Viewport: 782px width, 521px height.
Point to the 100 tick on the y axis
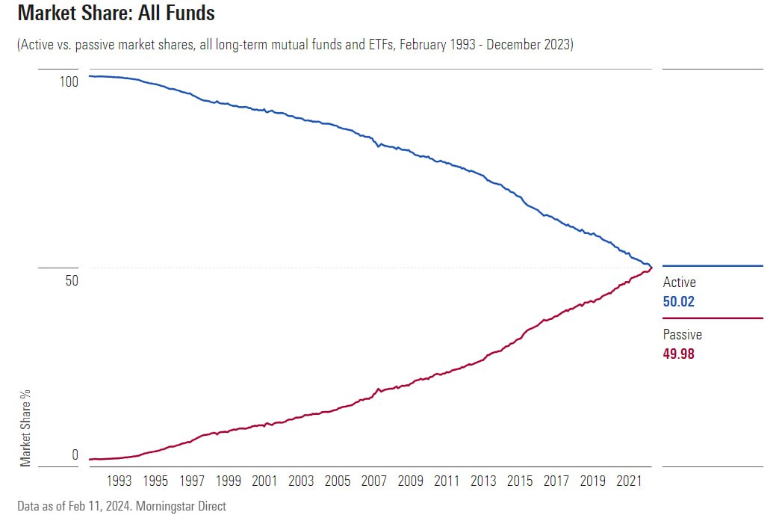tap(69, 81)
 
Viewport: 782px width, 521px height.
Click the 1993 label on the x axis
tap(120, 481)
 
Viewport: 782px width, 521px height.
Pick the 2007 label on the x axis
tap(374, 481)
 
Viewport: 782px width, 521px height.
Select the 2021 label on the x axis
tap(629, 481)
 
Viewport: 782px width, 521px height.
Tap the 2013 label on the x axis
tap(483, 481)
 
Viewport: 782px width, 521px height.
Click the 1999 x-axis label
tap(229, 481)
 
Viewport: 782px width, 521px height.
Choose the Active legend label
tap(679, 283)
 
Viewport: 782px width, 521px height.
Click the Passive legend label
tap(682, 335)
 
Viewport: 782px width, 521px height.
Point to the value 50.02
tap(678, 302)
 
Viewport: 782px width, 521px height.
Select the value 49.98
tap(678, 354)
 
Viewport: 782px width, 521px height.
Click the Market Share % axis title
tap(26, 428)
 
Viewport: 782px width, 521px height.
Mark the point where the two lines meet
tap(651, 267)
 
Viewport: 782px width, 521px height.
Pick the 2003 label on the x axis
tap(301, 481)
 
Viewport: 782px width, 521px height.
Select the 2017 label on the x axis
tap(556, 481)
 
